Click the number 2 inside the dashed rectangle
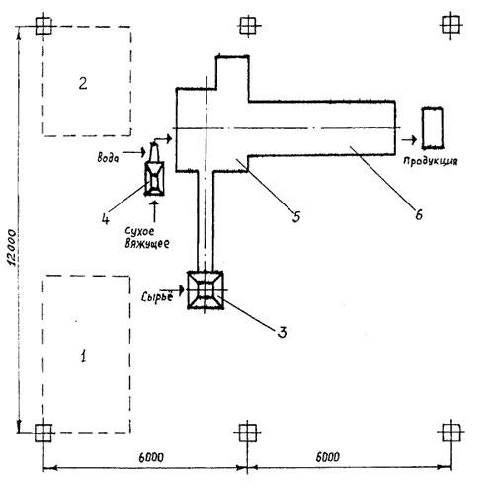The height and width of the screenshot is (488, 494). click(x=83, y=84)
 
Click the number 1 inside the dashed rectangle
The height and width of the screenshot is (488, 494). click(x=84, y=356)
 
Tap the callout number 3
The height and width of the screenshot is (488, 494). click(x=282, y=332)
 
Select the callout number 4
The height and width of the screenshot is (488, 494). click(x=105, y=218)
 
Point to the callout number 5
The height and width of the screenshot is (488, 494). click(x=296, y=217)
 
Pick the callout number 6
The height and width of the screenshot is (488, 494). click(x=419, y=215)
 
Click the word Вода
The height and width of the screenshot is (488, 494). click(x=108, y=158)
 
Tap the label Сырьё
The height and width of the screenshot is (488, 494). click(x=157, y=297)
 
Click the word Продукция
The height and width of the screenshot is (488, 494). click(x=431, y=161)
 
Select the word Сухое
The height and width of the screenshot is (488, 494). click(x=139, y=231)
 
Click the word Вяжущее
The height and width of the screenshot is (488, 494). click(x=147, y=244)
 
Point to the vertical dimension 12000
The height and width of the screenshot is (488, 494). click(x=12, y=248)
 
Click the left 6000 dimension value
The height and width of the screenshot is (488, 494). click(x=151, y=457)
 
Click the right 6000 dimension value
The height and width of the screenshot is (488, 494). click(x=328, y=457)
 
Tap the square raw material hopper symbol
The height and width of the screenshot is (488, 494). click(x=206, y=290)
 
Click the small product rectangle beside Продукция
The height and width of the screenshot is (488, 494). click(x=433, y=127)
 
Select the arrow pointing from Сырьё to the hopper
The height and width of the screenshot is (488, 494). click(x=178, y=290)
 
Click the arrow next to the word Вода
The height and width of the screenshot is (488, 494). click(x=134, y=152)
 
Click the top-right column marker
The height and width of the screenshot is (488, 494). click(x=451, y=25)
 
